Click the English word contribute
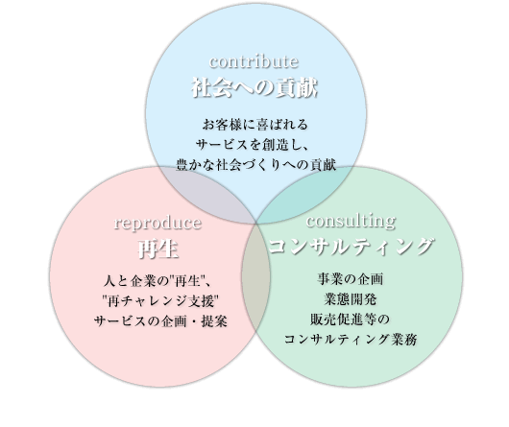coord(254,61)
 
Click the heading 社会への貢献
coord(254,87)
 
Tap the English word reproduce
coord(158,223)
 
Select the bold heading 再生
coord(158,249)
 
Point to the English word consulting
coord(351,222)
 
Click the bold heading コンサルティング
coord(351,246)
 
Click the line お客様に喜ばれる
coord(255,125)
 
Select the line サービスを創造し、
coord(253,145)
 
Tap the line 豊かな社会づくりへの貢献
coord(255,165)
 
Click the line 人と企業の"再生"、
coord(158,281)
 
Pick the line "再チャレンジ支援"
coord(159,301)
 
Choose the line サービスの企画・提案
coord(160,321)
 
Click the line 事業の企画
coord(351,279)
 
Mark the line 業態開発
coord(351,299)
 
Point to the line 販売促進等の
coord(350,320)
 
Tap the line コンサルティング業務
coord(351,340)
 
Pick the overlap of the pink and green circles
coord(255,279)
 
